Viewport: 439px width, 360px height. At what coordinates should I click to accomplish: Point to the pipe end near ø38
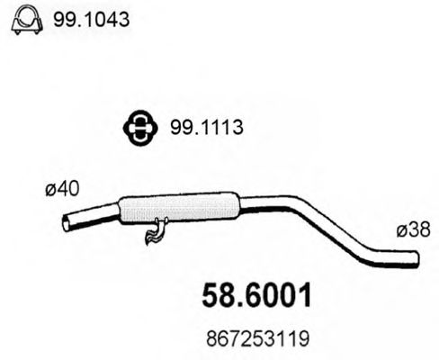[416, 261]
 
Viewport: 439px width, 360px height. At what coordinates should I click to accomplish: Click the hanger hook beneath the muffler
[155, 233]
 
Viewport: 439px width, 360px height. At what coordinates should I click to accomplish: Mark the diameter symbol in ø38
[399, 231]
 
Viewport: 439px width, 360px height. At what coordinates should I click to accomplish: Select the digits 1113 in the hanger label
[212, 130]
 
